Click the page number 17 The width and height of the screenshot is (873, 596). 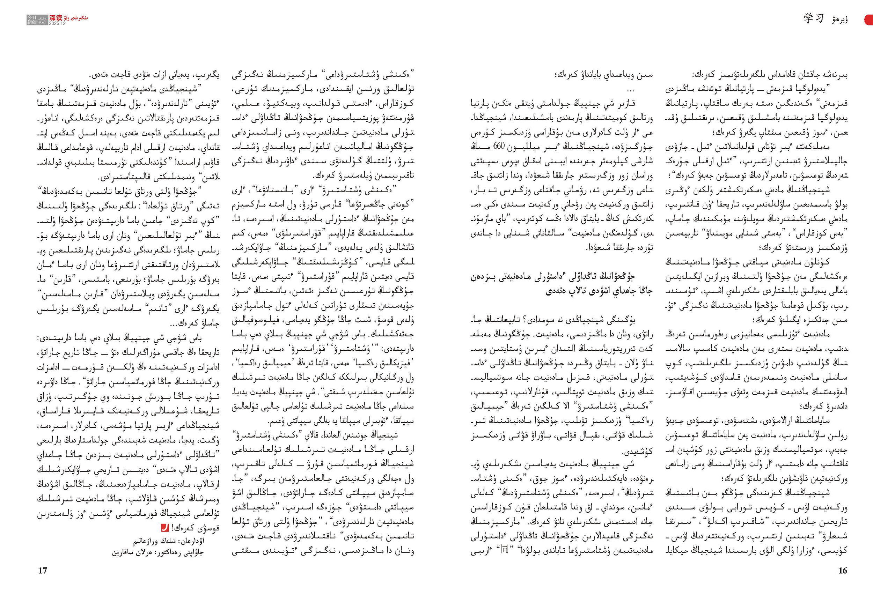coord(43,571)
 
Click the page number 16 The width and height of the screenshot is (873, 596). coord(843,571)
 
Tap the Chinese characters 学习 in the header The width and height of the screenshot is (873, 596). coord(814,18)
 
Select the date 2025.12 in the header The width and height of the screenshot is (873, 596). coord(57,23)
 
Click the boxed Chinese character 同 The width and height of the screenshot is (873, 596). coord(505,550)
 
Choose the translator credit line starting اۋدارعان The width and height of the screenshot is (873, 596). coord(169,541)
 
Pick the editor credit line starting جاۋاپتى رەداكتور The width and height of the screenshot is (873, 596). coord(158,552)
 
